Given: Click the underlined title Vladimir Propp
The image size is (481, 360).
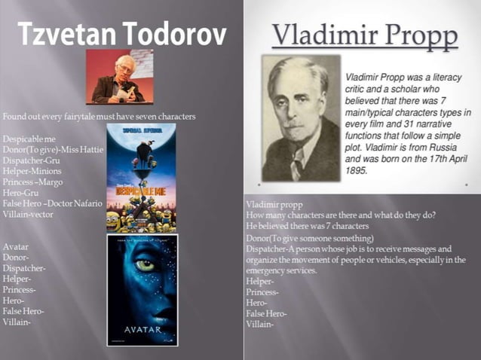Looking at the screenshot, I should pyautogui.click(x=365, y=35).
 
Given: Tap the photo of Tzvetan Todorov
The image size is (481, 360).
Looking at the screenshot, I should pyautogui.click(x=119, y=77).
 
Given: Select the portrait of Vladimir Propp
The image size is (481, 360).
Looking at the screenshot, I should pyautogui.click(x=300, y=118).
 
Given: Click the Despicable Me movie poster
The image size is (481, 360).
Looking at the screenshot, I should pyautogui.click(x=141, y=178).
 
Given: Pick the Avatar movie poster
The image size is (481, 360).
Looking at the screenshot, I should pyautogui.click(x=142, y=290).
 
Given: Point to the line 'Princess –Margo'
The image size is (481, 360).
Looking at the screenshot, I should pyautogui.click(x=32, y=182).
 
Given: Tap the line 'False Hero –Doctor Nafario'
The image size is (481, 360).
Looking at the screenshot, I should pyautogui.click(x=52, y=203).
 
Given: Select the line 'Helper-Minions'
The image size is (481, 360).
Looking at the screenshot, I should pyautogui.click(x=32, y=171).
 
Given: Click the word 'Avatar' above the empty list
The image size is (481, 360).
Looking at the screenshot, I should pyautogui.click(x=16, y=246).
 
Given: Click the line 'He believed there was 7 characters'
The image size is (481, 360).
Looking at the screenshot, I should pyautogui.click(x=307, y=226).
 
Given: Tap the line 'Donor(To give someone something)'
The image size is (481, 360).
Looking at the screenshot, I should pyautogui.click(x=309, y=238).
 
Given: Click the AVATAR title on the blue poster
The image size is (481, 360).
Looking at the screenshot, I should pyautogui.click(x=142, y=329).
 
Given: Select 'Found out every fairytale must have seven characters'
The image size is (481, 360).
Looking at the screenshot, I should pyautogui.click(x=99, y=117).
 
